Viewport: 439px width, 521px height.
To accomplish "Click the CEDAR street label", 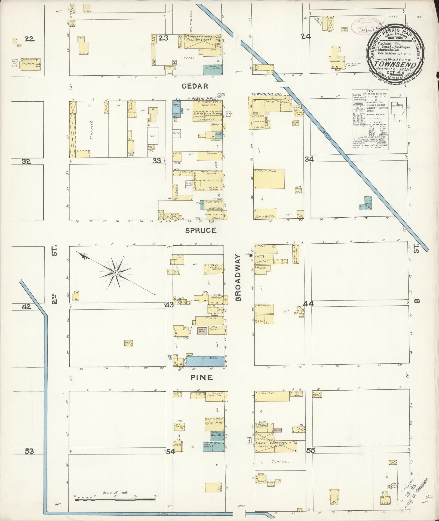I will tap(195, 86).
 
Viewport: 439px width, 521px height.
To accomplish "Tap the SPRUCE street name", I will tap(201, 230).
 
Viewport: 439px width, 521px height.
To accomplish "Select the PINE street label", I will tap(201, 377).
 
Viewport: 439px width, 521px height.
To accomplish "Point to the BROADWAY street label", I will tap(238, 278).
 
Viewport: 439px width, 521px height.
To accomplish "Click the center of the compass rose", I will tap(116, 273).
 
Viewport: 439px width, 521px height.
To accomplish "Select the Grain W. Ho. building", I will tap(269, 179).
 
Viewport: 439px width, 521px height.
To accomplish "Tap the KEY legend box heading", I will tap(370, 91).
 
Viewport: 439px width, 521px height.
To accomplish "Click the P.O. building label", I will tap(213, 266).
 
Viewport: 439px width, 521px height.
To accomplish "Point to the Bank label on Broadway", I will tap(262, 268).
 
